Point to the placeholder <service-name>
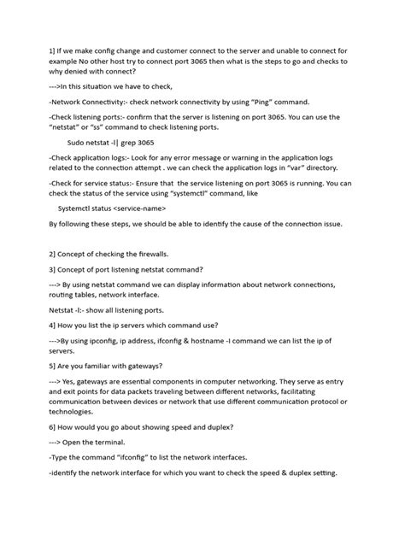pos(134,207)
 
